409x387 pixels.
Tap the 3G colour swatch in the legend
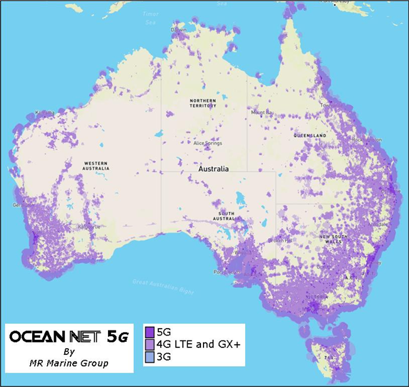pyautogui.click(x=150, y=357)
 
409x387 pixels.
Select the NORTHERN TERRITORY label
pyautogui.click(x=203, y=104)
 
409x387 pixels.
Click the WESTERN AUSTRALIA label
pyautogui.click(x=97, y=166)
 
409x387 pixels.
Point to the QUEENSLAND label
pyautogui.click(x=309, y=136)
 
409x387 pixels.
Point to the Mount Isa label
pyautogui.click(x=262, y=113)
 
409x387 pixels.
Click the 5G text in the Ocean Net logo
pyautogui.click(x=118, y=337)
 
